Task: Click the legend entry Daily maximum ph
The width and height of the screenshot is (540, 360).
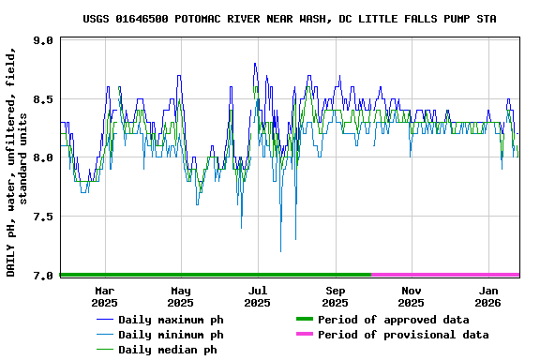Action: pos(171,320)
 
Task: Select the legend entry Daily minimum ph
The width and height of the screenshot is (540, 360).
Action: pos(171,335)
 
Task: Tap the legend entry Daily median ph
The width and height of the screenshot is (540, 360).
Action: pos(168,350)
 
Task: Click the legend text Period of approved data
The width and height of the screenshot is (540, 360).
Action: pos(393,320)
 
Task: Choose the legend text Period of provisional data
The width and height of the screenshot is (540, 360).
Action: pos(403,335)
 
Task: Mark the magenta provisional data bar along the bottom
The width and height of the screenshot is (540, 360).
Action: pos(445,275)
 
